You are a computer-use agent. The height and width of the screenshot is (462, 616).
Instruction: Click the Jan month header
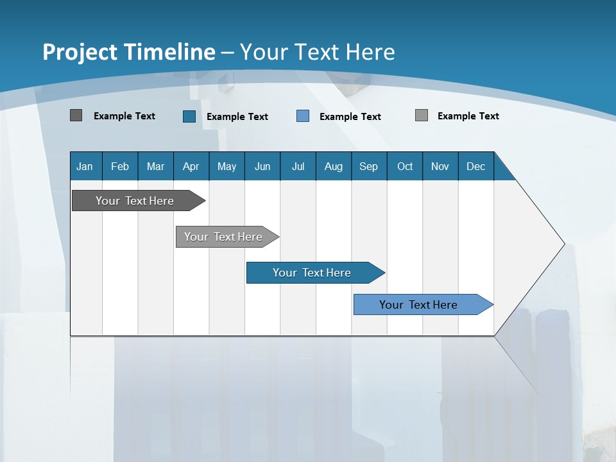tap(85, 166)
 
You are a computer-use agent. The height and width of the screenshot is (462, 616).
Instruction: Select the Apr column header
tap(191, 166)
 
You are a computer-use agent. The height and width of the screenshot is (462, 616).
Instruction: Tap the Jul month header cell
tap(298, 166)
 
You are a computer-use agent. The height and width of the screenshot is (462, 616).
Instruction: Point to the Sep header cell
tap(368, 166)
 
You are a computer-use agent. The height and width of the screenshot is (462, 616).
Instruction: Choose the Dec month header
tap(475, 166)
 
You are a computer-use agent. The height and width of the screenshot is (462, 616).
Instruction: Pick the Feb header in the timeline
tap(120, 166)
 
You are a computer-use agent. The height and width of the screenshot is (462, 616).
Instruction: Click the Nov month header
tap(440, 166)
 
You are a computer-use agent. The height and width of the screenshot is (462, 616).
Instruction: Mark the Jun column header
tap(262, 166)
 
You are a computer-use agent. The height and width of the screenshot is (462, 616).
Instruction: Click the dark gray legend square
tap(76, 116)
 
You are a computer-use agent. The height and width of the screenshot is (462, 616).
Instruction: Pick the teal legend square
tap(189, 116)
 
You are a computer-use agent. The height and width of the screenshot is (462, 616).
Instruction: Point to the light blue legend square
tap(303, 116)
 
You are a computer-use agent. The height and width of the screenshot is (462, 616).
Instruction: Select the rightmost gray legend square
tap(422, 116)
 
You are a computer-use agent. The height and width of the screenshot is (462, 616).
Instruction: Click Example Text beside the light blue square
tap(350, 117)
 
